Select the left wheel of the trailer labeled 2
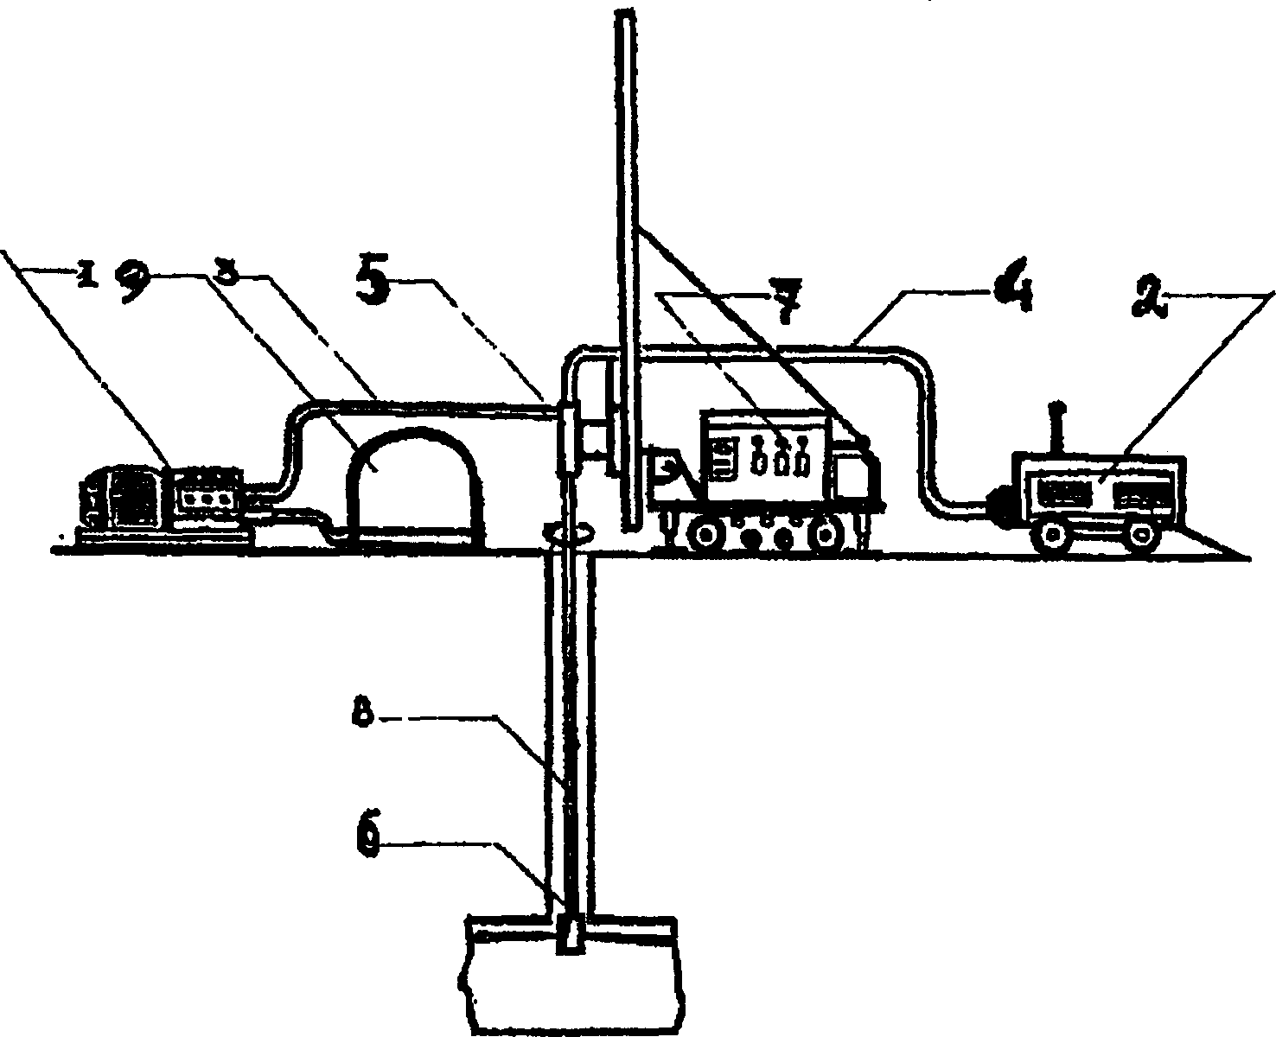[1055, 536]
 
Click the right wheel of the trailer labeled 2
[1143, 536]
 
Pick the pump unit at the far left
[160, 501]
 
